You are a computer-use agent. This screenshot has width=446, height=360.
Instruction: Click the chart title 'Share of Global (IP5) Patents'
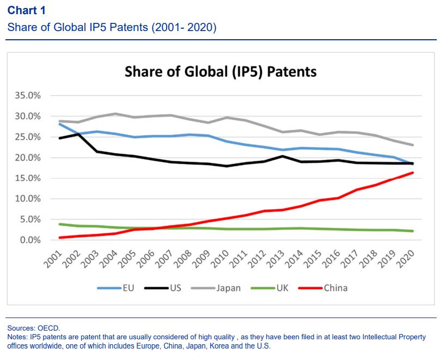point(221,71)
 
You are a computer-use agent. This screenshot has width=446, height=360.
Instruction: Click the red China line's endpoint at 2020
point(412,173)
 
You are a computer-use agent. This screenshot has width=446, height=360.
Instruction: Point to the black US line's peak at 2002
point(78,134)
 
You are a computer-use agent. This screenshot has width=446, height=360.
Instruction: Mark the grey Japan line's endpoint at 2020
point(412,145)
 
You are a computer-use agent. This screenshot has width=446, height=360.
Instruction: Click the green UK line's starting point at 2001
point(59,224)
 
